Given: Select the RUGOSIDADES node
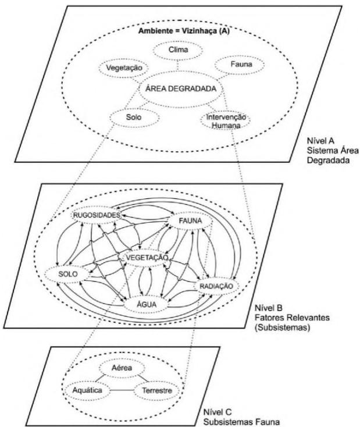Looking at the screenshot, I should [x=97, y=216].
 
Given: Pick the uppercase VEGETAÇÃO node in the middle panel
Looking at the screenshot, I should [x=145, y=257].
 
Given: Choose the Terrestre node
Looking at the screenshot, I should [x=154, y=391].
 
